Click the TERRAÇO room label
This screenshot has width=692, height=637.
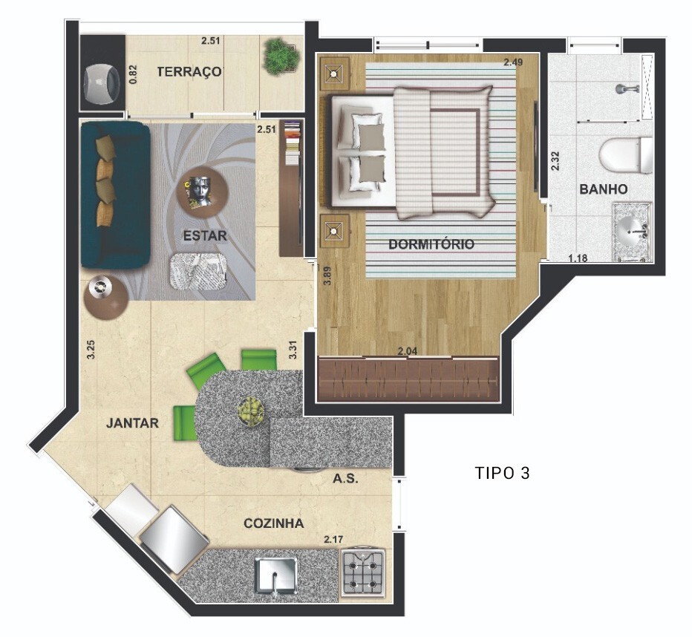189,71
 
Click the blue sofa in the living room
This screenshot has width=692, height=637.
115,195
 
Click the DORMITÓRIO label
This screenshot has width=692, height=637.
431,244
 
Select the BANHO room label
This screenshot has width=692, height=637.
603,189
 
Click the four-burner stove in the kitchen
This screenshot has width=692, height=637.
364,574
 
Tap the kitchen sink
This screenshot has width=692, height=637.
275,576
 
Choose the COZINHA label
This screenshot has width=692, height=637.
274,523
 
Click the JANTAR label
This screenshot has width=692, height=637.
132,423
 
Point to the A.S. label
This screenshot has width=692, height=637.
345,479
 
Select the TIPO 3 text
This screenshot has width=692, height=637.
502,473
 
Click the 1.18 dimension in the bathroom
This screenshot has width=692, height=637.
578,258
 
